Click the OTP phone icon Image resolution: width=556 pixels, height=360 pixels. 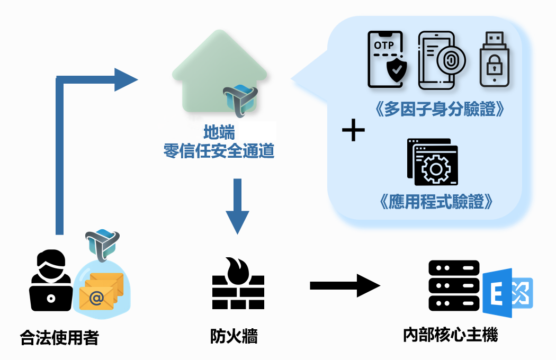pyautogui.click(x=385, y=59)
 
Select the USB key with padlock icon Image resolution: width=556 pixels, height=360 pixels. pyautogui.click(x=494, y=59)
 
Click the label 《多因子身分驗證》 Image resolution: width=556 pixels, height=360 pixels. pyautogui.click(x=438, y=110)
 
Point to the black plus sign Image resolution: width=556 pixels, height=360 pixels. pyautogui.click(x=354, y=131)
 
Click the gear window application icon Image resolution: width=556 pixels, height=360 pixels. pyautogui.click(x=432, y=162)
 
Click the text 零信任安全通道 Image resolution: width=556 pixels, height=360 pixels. pyautogui.click(x=219, y=151)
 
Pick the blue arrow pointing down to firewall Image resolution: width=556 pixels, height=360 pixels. pyautogui.click(x=237, y=206)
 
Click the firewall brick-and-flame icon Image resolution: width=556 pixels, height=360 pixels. pyautogui.click(x=238, y=284)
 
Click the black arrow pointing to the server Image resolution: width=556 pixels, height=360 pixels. pyautogui.click(x=345, y=286)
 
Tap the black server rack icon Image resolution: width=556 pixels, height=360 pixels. pyautogui.click(x=454, y=286)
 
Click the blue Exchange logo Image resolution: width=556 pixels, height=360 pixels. pyautogui.click(x=506, y=292)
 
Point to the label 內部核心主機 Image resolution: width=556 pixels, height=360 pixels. pyautogui.click(x=450, y=335)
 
